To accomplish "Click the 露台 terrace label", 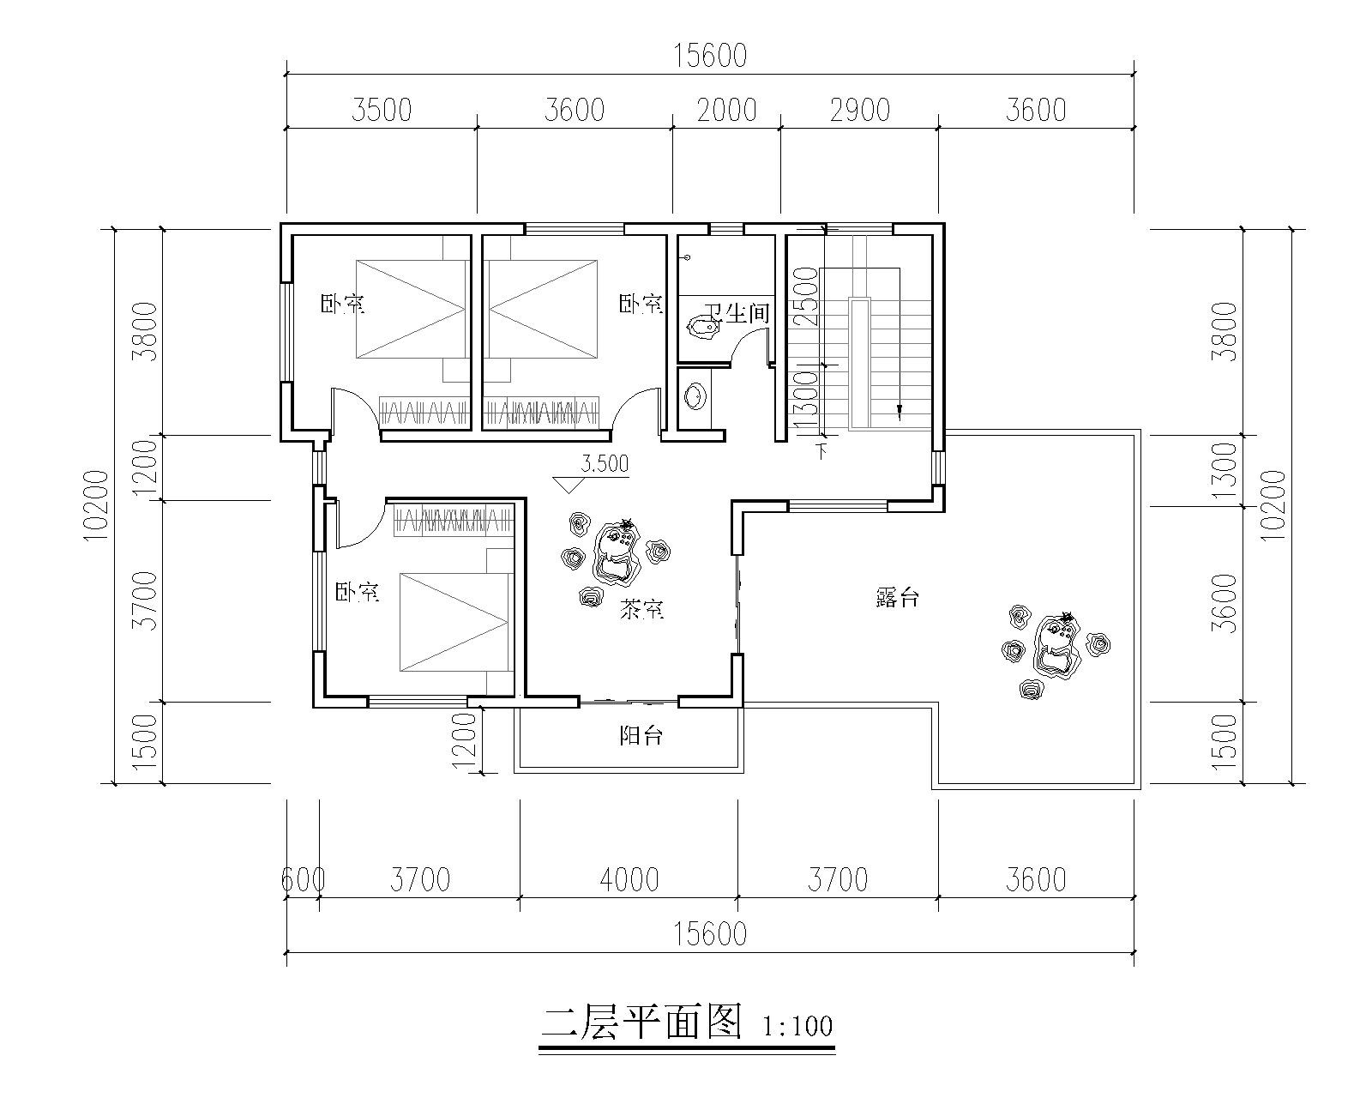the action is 897,598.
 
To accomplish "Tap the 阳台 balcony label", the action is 641,736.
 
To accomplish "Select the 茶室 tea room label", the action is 642,609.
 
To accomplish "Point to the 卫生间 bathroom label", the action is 737,312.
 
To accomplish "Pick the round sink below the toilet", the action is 695,396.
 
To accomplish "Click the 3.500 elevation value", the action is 605,464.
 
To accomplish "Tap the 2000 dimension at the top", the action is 727,111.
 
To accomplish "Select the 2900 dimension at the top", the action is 859,111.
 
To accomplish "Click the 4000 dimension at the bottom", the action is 629,880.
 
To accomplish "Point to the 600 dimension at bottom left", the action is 304,880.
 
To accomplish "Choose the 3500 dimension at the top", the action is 382,111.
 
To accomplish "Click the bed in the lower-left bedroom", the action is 456,622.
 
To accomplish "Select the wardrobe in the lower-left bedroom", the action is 454,518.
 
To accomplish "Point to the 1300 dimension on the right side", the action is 1225,471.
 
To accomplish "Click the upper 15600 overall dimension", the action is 710,56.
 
